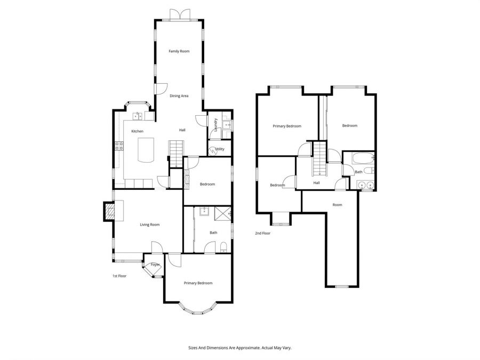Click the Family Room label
pos(179,51)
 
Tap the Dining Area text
pos(179,96)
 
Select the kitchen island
pos(145,149)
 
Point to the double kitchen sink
pos(138,115)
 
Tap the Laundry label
pos(215,124)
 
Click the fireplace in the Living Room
pos(109,211)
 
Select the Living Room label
pos(150,225)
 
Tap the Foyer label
pos(155,265)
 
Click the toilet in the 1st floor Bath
pos(224,246)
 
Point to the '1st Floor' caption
pos(119,276)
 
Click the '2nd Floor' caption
pos(262,233)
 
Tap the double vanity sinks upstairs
pos(365,186)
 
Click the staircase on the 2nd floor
pos(319,158)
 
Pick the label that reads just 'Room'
pos(337,205)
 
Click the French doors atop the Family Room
pos(179,15)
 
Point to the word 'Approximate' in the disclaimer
pos(242,348)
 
